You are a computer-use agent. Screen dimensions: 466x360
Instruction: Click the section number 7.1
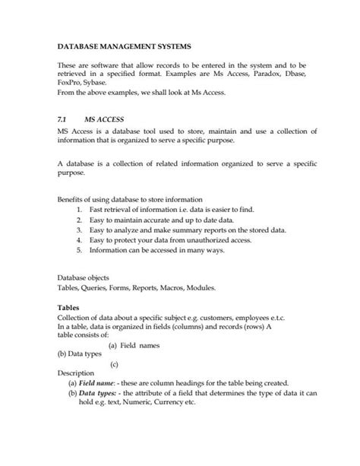(63, 119)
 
